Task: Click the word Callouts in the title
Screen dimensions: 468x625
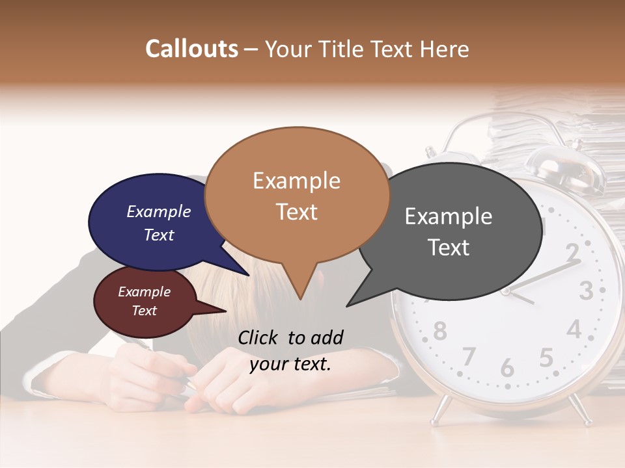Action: click(191, 49)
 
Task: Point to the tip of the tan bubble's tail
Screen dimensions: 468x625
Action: click(300, 300)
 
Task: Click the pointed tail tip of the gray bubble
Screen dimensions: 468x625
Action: click(347, 306)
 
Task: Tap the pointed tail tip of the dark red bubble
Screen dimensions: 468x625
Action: click(226, 311)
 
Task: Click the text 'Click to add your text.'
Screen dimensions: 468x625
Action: click(290, 350)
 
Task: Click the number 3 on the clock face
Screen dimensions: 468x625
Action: click(586, 290)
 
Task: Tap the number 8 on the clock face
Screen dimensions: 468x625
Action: click(440, 331)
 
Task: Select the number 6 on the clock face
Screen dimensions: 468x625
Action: click(507, 367)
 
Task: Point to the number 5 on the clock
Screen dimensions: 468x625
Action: click(546, 357)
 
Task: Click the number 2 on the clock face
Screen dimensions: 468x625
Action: click(572, 251)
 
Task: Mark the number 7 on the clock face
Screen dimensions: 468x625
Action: click(469, 356)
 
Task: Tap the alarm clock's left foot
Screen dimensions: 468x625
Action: click(441, 410)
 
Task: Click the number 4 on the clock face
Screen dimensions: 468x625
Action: click(574, 328)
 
